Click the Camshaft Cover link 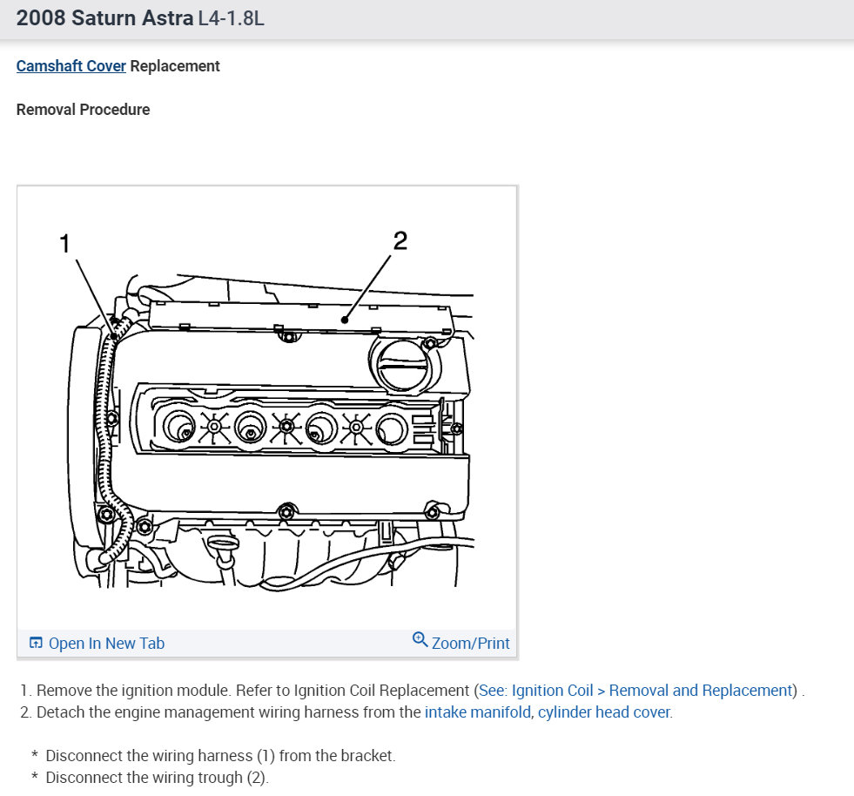[71, 66]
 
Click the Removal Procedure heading [83, 110]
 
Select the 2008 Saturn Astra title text [104, 18]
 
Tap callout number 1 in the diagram [64, 244]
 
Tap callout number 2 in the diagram [400, 240]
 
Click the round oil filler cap [401, 364]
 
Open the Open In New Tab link [106, 644]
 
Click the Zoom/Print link [470, 644]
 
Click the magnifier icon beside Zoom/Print [420, 641]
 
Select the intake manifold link [478, 712]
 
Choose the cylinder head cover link [604, 712]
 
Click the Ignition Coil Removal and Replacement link [636, 691]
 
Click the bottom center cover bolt [284, 510]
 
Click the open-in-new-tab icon [36, 644]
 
